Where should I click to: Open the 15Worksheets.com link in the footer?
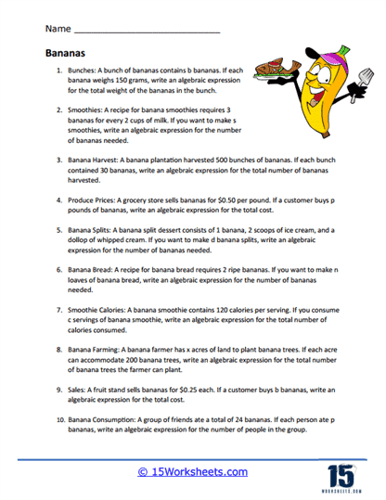(193, 472)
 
